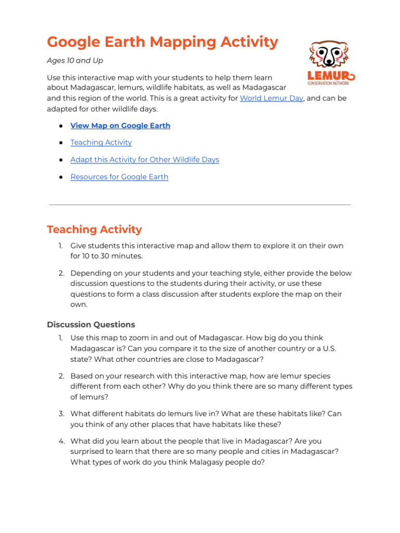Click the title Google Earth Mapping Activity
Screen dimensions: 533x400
[x=162, y=42]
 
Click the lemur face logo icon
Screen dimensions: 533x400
[x=329, y=54]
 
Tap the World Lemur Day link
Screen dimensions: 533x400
[x=271, y=98]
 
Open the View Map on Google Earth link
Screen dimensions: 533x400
[x=120, y=125]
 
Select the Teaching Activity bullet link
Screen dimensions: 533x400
[x=101, y=143]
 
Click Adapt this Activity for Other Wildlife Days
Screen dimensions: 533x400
[x=145, y=160]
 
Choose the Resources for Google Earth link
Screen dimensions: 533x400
[x=119, y=177]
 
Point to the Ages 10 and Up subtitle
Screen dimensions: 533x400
[x=75, y=61]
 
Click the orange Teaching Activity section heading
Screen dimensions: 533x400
[x=94, y=230]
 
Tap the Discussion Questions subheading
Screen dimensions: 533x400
[x=91, y=325]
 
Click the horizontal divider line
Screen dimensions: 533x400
[x=200, y=205]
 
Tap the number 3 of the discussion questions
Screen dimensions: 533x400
[x=61, y=414]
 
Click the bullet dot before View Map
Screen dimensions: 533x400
[x=61, y=126]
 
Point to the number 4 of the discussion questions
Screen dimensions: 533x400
[x=61, y=441]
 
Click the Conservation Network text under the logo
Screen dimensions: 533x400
[x=329, y=83]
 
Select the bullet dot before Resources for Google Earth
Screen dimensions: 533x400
[x=61, y=177]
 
